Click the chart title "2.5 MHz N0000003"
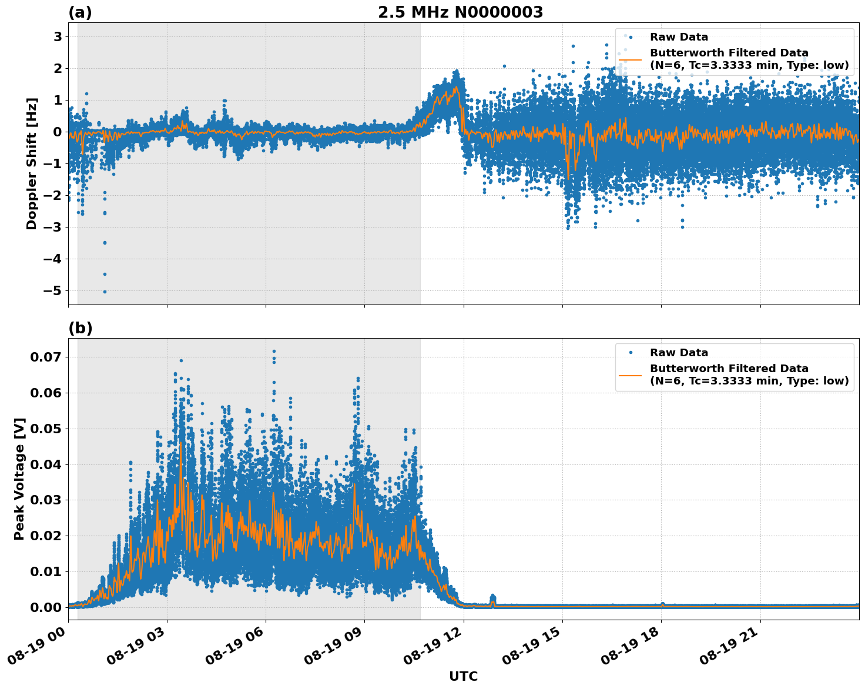coord(460,12)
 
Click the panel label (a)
coord(80,12)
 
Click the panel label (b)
coord(80,328)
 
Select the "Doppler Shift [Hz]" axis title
coord(32,163)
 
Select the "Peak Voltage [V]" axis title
coord(19,479)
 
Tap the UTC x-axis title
coord(463,676)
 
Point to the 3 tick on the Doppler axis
coord(58,36)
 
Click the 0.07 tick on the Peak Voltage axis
coord(45,357)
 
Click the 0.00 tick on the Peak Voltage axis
coord(45,607)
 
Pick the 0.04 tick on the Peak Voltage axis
coord(45,464)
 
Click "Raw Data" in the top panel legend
coord(679,37)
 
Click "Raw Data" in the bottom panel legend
coord(679,353)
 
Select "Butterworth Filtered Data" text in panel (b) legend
coord(729,369)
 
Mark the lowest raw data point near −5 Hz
coord(105,292)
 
